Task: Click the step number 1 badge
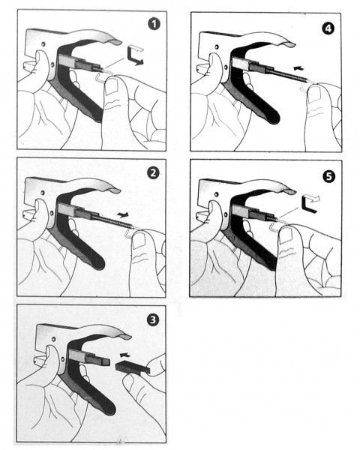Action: point(154,24)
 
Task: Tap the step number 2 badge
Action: point(153,173)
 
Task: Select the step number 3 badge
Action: point(153,319)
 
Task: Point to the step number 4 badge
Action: point(328,28)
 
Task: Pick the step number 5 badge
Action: point(328,176)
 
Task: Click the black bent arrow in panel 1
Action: point(133,58)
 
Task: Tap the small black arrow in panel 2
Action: point(123,214)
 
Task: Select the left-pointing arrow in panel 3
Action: point(124,355)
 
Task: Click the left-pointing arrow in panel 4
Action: point(299,68)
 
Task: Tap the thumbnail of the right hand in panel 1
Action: point(111,87)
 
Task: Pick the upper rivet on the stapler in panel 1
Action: point(43,44)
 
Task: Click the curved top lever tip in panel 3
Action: point(124,336)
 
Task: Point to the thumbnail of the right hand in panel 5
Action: point(285,235)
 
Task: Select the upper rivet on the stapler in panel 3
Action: point(53,339)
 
